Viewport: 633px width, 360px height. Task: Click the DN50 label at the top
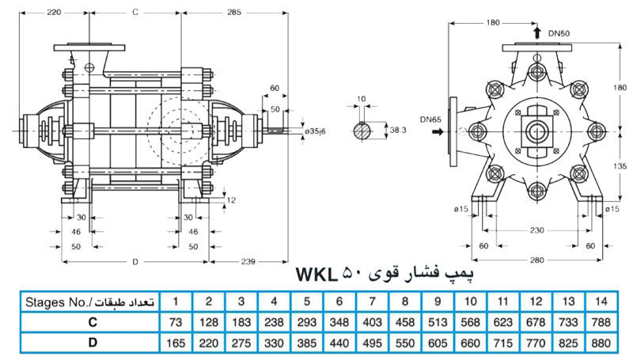click(x=559, y=33)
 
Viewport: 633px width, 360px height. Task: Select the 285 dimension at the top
click(x=234, y=12)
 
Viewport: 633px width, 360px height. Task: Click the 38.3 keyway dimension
click(x=398, y=127)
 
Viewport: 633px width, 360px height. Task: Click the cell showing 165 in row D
click(x=176, y=343)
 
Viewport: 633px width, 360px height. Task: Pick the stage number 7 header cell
click(x=370, y=301)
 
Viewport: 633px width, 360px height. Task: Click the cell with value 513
click(x=435, y=323)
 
